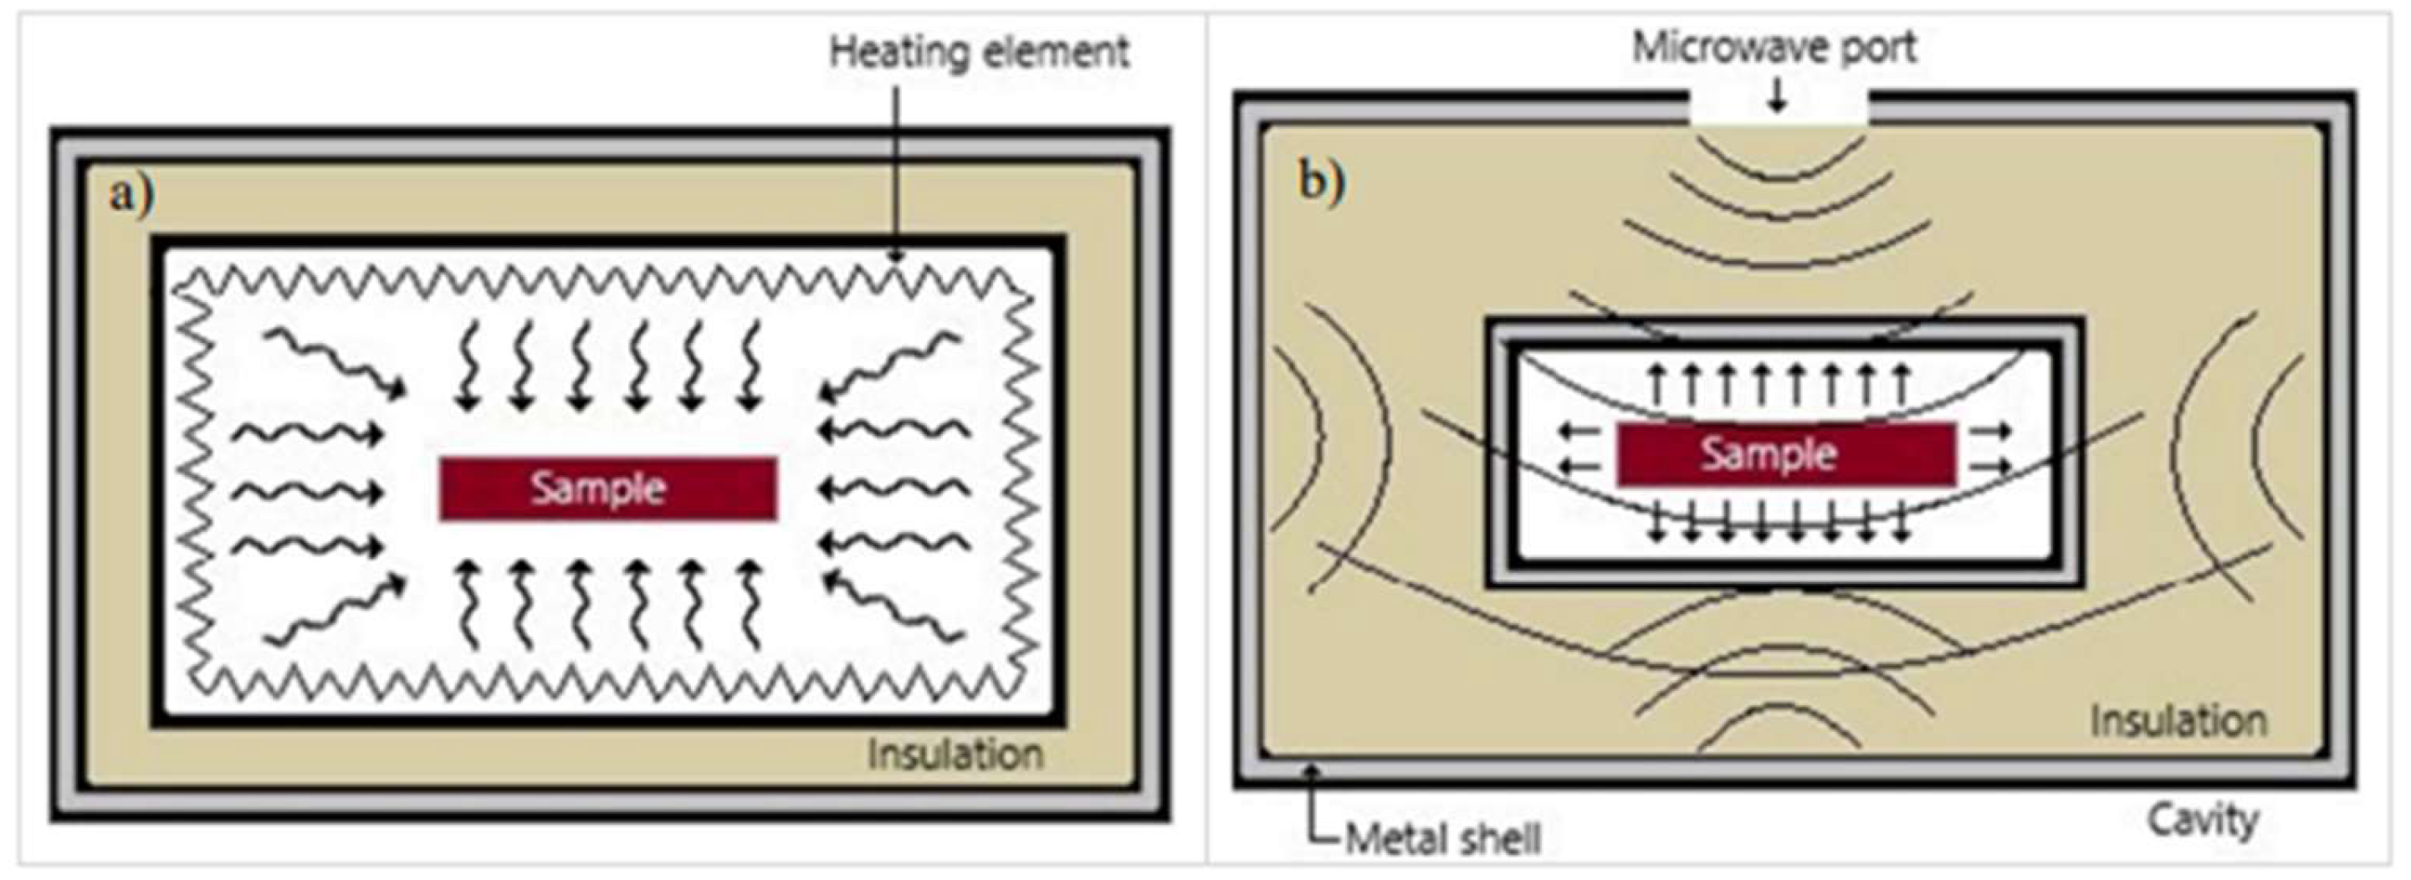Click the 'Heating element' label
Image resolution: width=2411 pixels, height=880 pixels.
pyautogui.click(x=979, y=53)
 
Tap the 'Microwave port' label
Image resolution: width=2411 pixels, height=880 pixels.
pyautogui.click(x=1774, y=47)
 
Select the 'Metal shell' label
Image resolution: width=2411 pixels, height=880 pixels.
pyautogui.click(x=1442, y=839)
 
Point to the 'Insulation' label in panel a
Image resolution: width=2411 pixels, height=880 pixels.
pyautogui.click(x=955, y=754)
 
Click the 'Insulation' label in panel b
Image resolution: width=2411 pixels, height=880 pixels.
pyautogui.click(x=2178, y=721)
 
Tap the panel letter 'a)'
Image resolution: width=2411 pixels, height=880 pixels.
pyautogui.click(x=132, y=195)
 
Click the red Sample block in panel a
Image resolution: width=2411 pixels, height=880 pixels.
pyautogui.click(x=607, y=488)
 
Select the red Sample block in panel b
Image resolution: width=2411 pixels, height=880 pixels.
pyautogui.click(x=1786, y=454)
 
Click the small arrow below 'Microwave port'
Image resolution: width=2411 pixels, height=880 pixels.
pyautogui.click(x=1776, y=99)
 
